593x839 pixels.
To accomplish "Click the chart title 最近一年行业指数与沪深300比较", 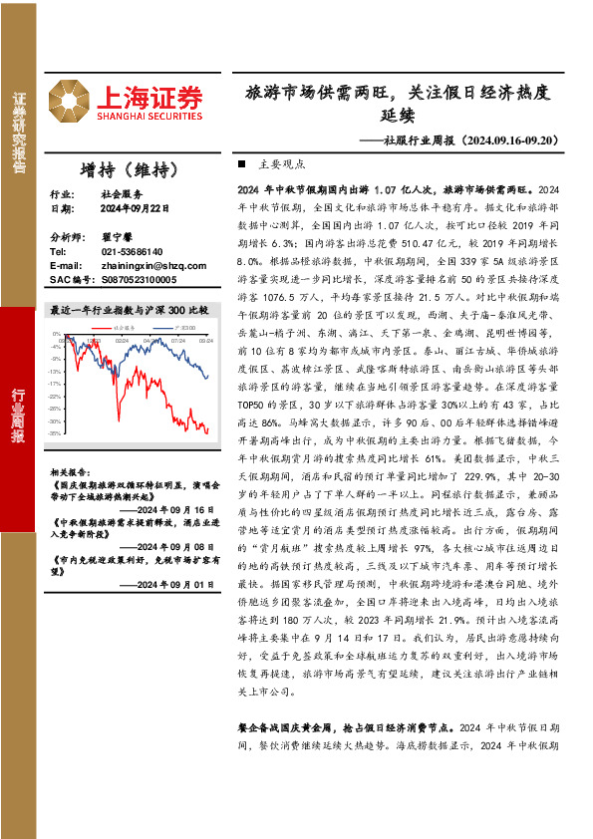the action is pyautogui.click(x=130, y=310).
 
